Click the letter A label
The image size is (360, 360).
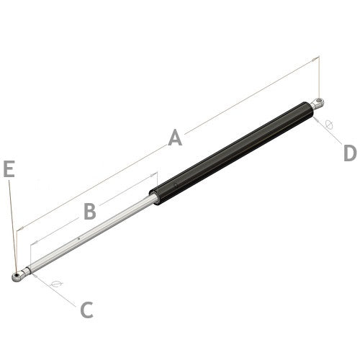click(175, 138)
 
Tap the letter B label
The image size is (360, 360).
click(89, 212)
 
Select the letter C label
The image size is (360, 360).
click(86, 310)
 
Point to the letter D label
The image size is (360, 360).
click(349, 153)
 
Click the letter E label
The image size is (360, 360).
click(9, 169)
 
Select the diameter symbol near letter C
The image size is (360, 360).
click(58, 284)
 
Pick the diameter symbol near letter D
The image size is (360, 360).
click(329, 123)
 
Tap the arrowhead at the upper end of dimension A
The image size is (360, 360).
click(315, 58)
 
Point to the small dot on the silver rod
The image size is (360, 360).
click(77, 238)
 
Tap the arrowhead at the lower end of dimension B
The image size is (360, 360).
click(33, 243)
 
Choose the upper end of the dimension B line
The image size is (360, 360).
click(155, 174)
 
